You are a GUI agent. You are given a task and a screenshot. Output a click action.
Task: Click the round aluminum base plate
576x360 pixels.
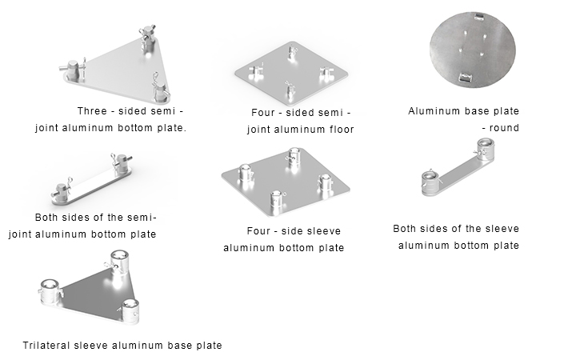(473, 50)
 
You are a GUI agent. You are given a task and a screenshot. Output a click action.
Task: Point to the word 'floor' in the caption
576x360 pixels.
(342, 130)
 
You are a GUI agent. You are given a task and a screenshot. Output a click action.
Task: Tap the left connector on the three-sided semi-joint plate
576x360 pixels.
(73, 70)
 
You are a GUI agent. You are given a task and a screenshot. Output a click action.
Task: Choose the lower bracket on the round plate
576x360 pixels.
(466, 77)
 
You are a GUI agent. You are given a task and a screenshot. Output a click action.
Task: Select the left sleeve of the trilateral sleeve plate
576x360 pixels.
(50, 292)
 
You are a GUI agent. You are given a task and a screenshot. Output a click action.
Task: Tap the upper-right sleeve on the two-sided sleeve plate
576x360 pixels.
(485, 150)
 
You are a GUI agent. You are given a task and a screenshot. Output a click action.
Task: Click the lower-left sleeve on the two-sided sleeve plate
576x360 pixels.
(430, 182)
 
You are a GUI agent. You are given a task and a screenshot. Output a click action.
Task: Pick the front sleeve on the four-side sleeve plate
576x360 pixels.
(277, 202)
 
